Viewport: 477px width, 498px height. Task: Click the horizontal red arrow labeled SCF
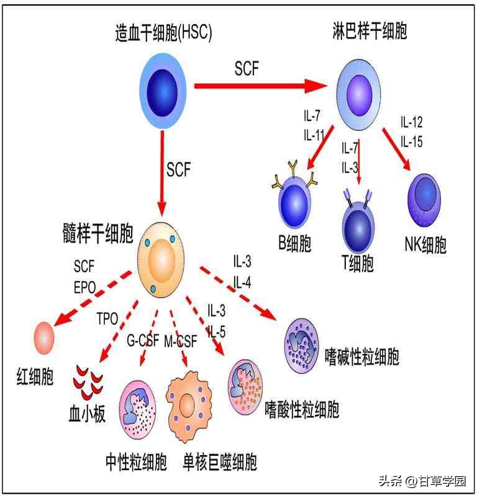(261, 86)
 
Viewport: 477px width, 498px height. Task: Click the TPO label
(106, 319)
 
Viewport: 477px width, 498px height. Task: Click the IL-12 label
(411, 122)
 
